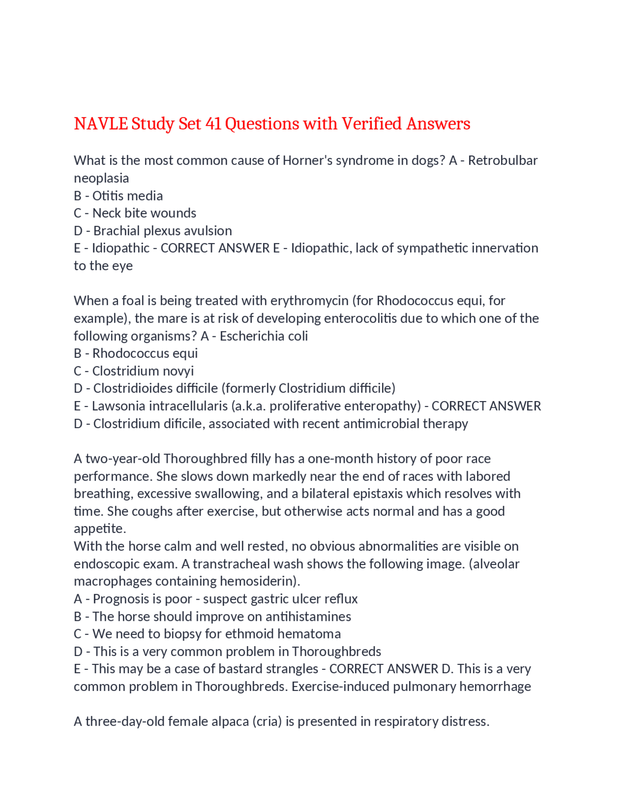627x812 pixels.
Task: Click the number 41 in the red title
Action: (x=213, y=124)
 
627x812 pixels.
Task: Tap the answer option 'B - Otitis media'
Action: (x=118, y=196)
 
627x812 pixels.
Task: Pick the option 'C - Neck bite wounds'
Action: (x=135, y=213)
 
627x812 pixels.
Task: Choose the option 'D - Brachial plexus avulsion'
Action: (x=152, y=230)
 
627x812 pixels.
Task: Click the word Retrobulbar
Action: (x=503, y=160)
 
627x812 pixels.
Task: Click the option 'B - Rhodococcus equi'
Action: (x=136, y=353)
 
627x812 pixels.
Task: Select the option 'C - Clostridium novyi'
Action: (x=134, y=371)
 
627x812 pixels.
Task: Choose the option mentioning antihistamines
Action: (x=212, y=616)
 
